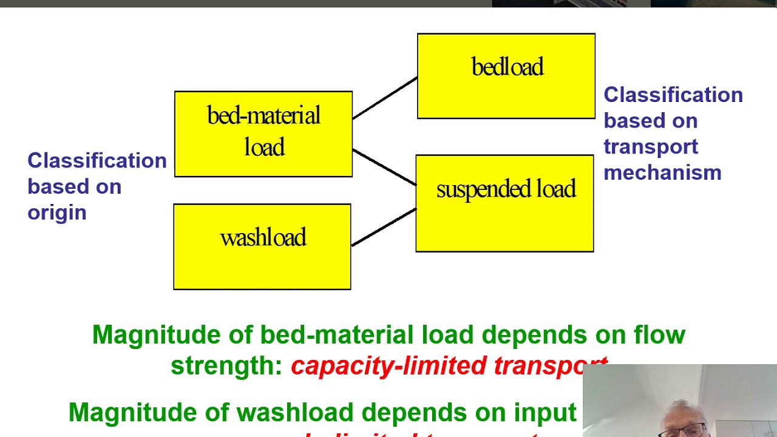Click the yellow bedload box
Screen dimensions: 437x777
[506, 76]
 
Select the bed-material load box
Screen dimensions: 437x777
[263, 134]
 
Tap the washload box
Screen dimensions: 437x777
[262, 246]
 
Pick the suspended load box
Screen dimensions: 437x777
[504, 203]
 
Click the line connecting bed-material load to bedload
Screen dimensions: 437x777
[385, 98]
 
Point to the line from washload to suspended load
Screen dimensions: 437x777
[384, 227]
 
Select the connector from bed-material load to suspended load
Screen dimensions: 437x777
[384, 167]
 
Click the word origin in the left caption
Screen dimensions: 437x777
[57, 212]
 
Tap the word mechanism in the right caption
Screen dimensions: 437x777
[662, 173]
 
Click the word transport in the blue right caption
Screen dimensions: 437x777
[651, 147]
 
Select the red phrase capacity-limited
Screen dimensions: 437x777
[389, 365]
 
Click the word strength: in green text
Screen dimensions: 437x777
[226, 365]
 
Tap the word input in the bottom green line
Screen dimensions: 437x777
[545, 413]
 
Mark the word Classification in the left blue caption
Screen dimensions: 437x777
[97, 161]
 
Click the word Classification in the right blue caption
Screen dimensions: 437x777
[673, 95]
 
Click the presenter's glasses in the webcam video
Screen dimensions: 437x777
[690, 430]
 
